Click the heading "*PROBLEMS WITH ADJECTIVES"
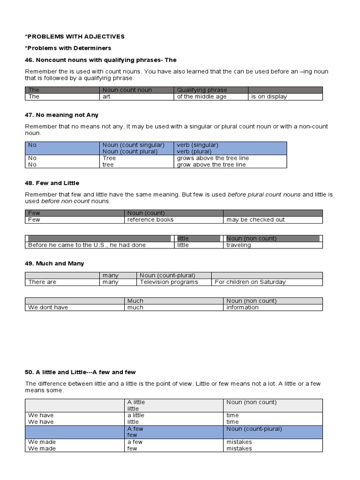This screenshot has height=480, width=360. point(75,37)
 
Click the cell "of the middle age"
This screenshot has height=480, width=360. point(202,97)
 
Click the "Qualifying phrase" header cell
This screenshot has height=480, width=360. point(202,90)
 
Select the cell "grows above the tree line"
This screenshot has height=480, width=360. point(213,158)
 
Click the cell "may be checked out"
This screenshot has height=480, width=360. point(255,219)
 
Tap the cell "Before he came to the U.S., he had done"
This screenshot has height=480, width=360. point(87,245)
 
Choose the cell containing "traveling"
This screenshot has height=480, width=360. point(239,245)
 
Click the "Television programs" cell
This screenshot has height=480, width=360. point(169,282)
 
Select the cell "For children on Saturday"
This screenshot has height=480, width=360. point(250,282)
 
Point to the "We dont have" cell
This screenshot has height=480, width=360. point(48,307)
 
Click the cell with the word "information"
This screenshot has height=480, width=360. point(242,307)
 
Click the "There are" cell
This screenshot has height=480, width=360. point(42,282)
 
